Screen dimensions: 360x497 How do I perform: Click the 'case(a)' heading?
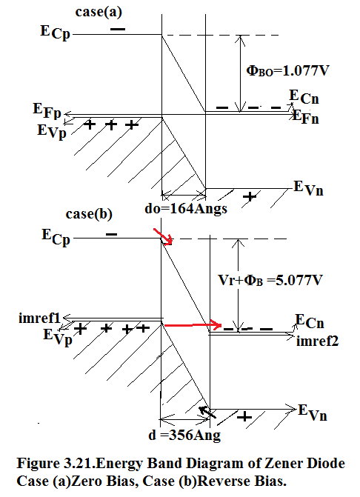[x=99, y=12]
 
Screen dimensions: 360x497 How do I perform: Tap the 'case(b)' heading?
[x=89, y=214]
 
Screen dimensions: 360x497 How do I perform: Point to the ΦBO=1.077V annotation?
[x=287, y=70]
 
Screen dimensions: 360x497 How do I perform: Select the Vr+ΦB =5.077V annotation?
[x=270, y=280]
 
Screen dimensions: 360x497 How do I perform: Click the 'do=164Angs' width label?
[x=186, y=209]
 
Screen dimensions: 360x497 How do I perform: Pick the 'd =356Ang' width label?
[x=184, y=435]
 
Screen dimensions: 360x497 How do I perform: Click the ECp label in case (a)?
[x=55, y=33]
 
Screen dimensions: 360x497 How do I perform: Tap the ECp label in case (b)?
[x=56, y=237]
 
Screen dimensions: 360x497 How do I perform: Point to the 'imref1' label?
[x=39, y=318]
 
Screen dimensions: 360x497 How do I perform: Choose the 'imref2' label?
[x=318, y=341]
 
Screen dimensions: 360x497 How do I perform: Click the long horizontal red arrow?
[x=193, y=325]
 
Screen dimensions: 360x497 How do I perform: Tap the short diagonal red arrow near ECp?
[x=163, y=236]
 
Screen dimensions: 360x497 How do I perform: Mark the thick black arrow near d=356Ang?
[x=207, y=412]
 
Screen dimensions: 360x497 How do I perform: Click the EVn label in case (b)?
[x=313, y=413]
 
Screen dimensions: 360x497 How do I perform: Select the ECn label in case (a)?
[x=304, y=97]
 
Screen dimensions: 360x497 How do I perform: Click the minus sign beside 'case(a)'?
[x=118, y=29]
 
